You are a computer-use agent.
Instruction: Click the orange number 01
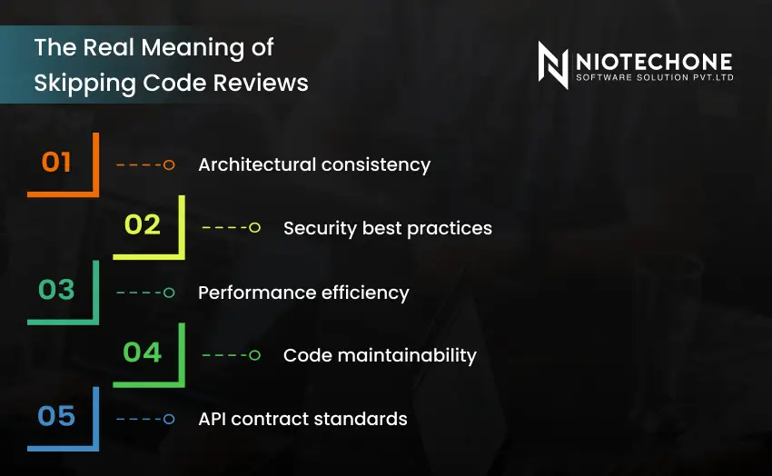tap(56, 162)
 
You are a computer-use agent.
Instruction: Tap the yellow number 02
tap(142, 224)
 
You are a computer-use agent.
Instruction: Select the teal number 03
tap(56, 290)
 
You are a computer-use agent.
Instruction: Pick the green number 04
tap(142, 352)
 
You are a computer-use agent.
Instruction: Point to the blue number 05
tap(56, 416)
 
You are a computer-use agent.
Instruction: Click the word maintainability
tap(401, 355)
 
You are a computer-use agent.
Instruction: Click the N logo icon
tap(552, 65)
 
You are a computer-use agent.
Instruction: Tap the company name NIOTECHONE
tap(653, 61)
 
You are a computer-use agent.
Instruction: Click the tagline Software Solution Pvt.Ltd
tap(653, 78)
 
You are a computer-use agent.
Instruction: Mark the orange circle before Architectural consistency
tap(168, 164)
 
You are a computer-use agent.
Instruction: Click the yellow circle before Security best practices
tap(254, 227)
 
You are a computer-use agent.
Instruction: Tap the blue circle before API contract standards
tap(168, 419)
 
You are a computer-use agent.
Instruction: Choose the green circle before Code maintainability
tap(254, 355)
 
